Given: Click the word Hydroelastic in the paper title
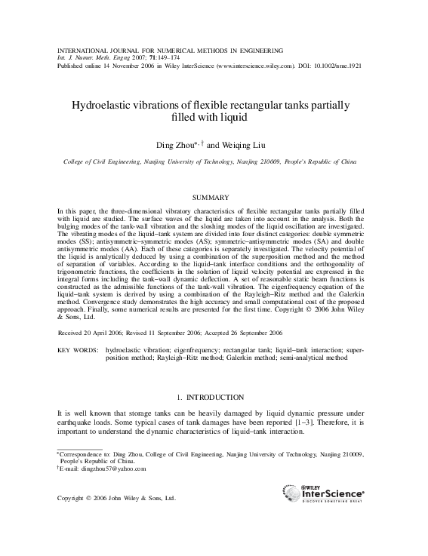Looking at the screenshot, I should click(x=100, y=105).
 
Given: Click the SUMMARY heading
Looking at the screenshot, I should click(x=214, y=197).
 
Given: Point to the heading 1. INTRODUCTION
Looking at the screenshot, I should click(x=214, y=397).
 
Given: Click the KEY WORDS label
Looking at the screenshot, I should click(x=79, y=350).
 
